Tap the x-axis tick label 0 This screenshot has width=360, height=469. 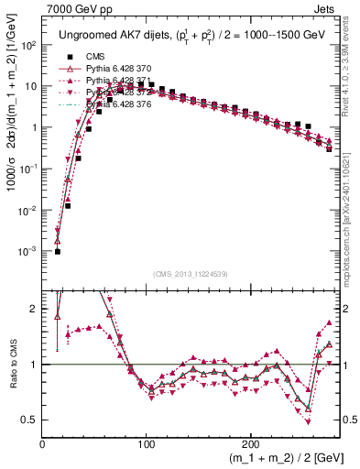coord(43,443)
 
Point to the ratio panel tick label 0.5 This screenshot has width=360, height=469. coord(31,420)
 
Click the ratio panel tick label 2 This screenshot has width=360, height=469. coord(35,309)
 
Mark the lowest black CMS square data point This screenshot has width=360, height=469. coord(57,251)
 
